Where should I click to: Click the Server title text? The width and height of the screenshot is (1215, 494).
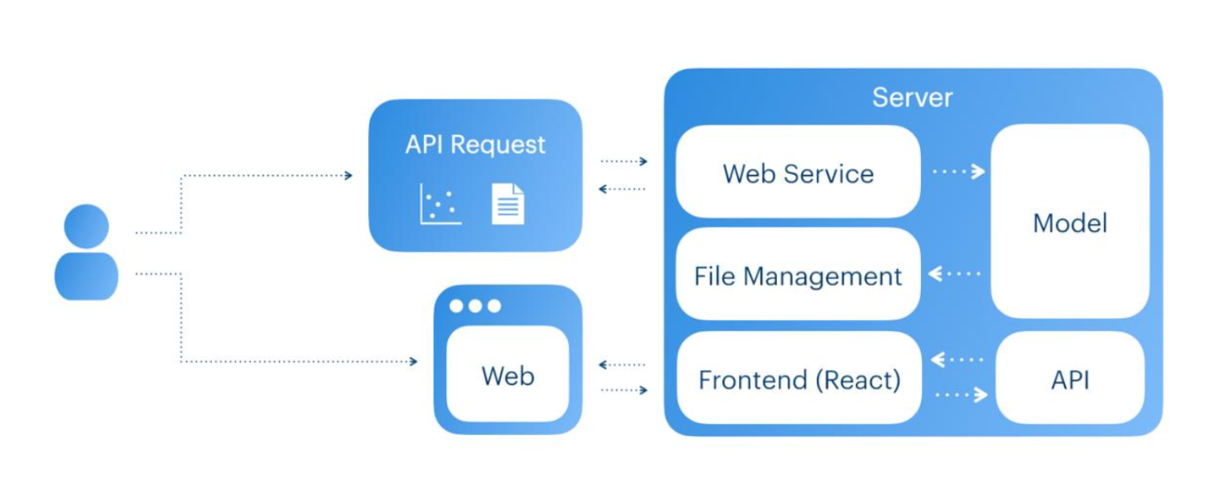tap(912, 97)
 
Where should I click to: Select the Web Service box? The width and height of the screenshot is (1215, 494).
tap(798, 173)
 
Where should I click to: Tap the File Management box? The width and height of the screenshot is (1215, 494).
tap(798, 276)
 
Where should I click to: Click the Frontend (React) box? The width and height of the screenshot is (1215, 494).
tap(798, 380)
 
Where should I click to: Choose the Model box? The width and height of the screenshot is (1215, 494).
tap(1069, 222)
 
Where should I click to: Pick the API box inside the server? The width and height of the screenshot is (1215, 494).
tap(1069, 380)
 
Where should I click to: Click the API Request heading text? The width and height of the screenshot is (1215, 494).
tap(475, 145)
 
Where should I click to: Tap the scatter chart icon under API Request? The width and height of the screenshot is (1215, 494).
tap(440, 204)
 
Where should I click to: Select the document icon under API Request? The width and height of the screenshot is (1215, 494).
tap(508, 204)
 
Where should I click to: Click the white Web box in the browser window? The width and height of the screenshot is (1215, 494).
tap(508, 376)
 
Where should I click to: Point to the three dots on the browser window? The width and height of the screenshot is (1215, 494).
tap(475, 306)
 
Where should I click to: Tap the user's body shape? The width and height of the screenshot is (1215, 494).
tap(87, 276)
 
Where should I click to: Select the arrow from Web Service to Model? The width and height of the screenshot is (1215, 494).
tap(958, 172)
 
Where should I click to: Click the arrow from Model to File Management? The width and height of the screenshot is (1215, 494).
tap(955, 274)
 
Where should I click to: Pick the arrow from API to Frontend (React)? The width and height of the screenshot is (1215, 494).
tap(957, 360)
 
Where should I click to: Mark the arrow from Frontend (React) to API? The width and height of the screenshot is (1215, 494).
tap(961, 395)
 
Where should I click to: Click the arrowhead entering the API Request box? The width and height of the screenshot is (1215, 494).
tap(349, 176)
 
